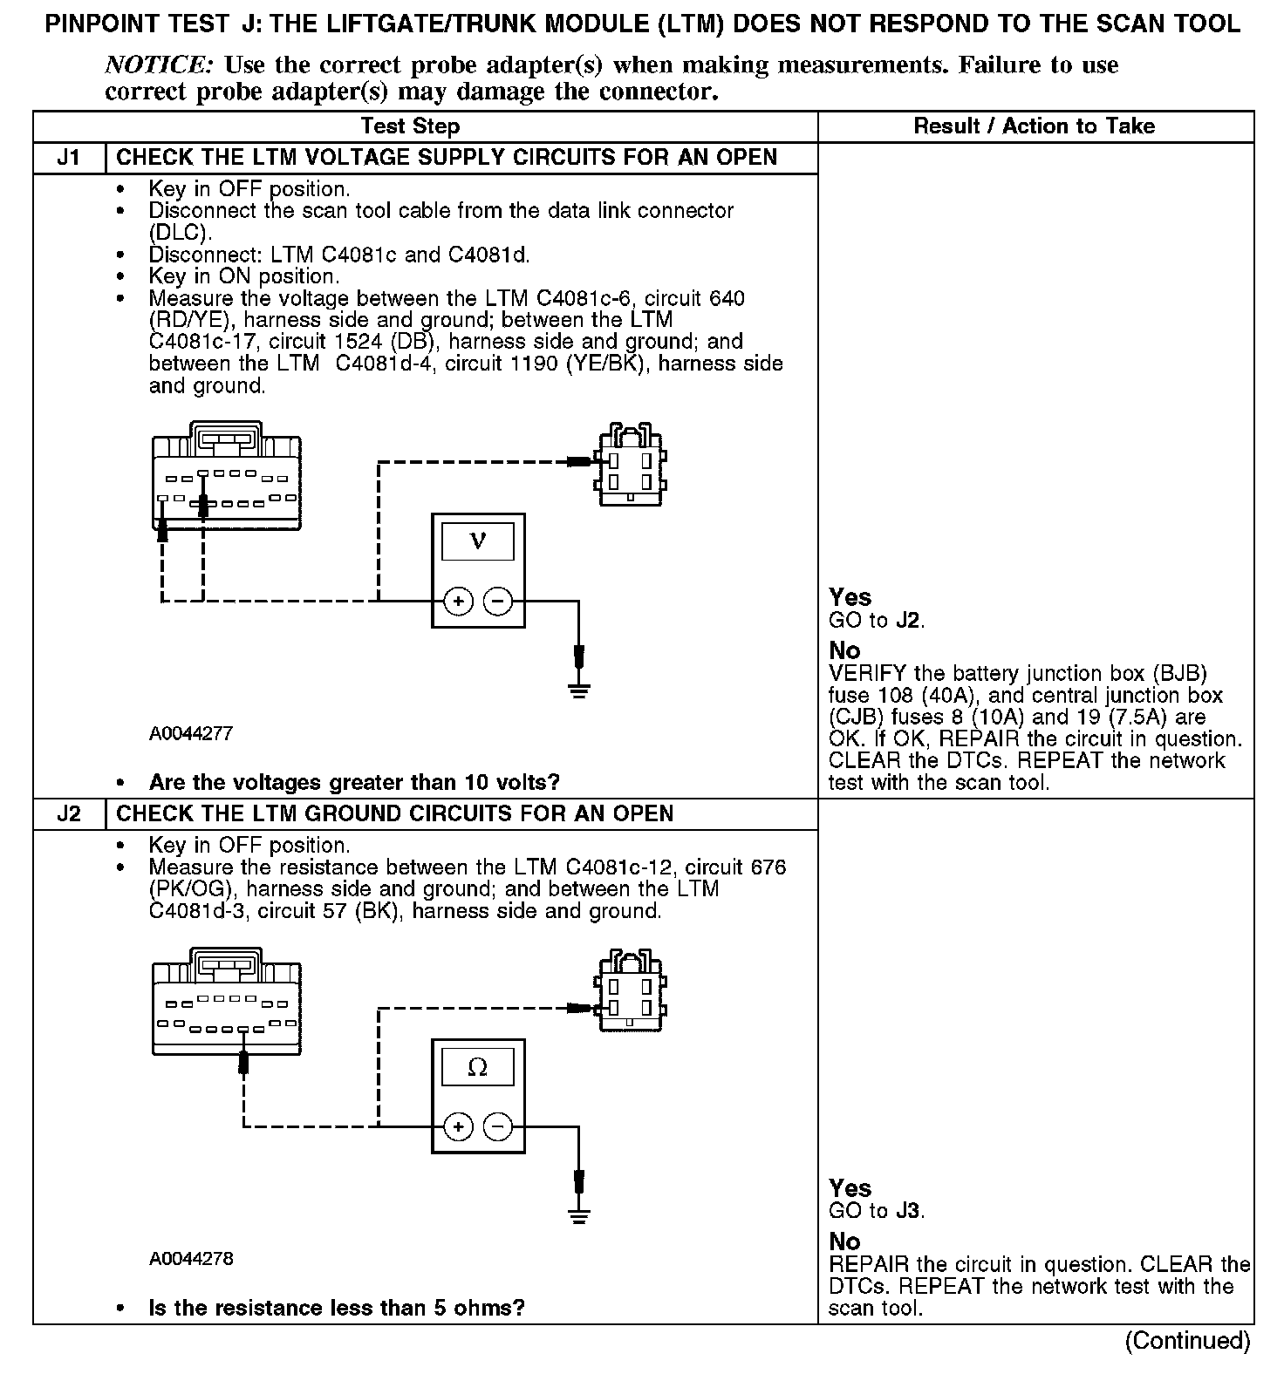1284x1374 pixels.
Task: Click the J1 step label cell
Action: click(x=68, y=158)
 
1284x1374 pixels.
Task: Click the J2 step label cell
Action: click(x=68, y=814)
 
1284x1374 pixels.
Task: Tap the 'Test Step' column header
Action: click(x=410, y=126)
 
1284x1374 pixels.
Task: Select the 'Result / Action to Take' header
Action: click(x=1034, y=126)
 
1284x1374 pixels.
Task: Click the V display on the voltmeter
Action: click(x=478, y=541)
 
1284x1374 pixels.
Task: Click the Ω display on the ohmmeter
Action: click(x=478, y=1067)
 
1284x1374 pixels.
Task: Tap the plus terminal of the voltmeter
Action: click(x=459, y=601)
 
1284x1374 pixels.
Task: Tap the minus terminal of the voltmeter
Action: click(x=498, y=601)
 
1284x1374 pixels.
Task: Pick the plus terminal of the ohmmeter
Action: click(x=459, y=1126)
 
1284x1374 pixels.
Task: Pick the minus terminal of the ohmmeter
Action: click(x=498, y=1126)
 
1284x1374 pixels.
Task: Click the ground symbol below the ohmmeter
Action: click(x=578, y=1217)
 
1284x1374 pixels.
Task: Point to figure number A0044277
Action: click(x=191, y=734)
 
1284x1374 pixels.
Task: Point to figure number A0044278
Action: click(x=191, y=1259)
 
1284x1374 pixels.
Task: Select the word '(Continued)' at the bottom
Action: click(x=1188, y=1340)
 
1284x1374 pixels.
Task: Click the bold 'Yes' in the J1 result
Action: click(x=850, y=597)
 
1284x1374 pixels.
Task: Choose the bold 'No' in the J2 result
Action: click(x=844, y=1241)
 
